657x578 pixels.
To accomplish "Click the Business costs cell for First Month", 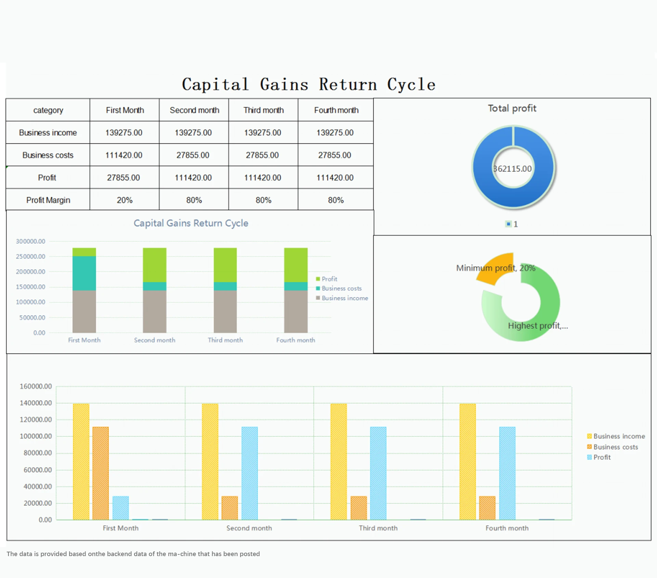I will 124,155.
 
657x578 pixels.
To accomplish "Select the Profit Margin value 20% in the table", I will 125,200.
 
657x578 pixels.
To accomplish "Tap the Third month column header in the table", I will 263,110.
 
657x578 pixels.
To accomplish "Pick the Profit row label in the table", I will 47,178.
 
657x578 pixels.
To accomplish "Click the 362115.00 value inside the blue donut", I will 513,169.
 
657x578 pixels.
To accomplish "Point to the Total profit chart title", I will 512,108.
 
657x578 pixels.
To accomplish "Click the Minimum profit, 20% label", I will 495,268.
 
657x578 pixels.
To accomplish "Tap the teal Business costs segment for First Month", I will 84,273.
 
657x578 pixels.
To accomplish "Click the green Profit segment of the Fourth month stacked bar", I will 296,265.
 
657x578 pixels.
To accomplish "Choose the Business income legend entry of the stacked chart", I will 344,298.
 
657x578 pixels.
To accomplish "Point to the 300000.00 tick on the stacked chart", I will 30,241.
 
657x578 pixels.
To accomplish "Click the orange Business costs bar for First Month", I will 101,473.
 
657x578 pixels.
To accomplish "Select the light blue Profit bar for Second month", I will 249,473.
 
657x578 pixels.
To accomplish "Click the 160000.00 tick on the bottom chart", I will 36,386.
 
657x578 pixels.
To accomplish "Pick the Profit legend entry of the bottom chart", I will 602,457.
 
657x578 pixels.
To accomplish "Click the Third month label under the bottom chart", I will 378,528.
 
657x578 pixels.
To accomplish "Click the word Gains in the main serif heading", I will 284,85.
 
